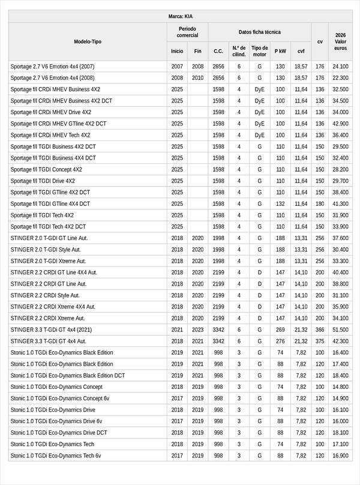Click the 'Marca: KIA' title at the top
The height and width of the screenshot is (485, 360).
[180, 17]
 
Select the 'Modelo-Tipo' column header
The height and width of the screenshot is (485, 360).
[88, 41]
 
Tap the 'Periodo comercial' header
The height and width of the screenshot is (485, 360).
[187, 32]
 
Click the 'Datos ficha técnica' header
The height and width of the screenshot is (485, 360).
[259, 32]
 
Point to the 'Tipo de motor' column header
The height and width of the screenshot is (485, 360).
[259, 51]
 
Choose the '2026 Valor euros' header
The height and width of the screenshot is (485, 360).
[340, 41]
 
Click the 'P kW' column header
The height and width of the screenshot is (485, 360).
[280, 52]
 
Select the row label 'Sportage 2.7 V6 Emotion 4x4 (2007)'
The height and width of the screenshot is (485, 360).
[52, 67]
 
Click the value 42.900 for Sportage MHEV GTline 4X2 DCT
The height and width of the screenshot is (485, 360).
[340, 124]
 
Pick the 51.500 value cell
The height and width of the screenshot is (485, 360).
[340, 330]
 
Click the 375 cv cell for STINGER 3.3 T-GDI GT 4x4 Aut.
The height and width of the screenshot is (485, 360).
[320, 341]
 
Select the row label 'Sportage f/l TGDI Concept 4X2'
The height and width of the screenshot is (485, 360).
[46, 169]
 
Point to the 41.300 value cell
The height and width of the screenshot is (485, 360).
[340, 204]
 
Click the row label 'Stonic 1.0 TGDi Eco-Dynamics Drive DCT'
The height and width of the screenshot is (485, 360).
[59, 433]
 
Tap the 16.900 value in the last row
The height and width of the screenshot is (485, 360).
[340, 456]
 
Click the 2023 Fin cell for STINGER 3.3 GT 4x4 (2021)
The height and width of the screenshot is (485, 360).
[197, 330]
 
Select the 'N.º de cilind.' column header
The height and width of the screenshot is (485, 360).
[239, 51]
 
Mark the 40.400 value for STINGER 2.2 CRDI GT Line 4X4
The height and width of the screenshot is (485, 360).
[340, 273]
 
